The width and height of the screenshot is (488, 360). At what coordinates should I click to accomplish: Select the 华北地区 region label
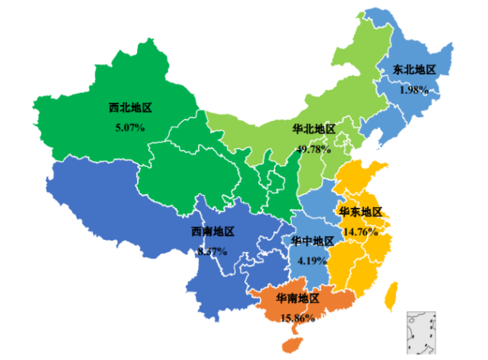pyautogui.click(x=314, y=129)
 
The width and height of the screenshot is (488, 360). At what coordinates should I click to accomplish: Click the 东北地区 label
pyautogui.click(x=414, y=70)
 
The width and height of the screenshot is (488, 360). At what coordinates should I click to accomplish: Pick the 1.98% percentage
pyautogui.click(x=414, y=90)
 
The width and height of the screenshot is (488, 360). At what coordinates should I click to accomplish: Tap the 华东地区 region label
pyautogui.click(x=360, y=212)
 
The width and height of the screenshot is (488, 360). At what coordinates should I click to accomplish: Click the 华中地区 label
pyautogui.click(x=312, y=241)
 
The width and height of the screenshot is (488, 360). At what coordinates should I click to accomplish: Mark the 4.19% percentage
pyautogui.click(x=312, y=260)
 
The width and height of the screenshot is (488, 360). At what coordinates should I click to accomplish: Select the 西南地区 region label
pyautogui.click(x=212, y=231)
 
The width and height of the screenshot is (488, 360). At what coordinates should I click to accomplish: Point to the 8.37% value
pyautogui.click(x=212, y=250)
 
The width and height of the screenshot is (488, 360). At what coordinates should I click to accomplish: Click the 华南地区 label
pyautogui.click(x=298, y=298)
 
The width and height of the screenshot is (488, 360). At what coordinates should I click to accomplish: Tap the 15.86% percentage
pyautogui.click(x=297, y=317)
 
